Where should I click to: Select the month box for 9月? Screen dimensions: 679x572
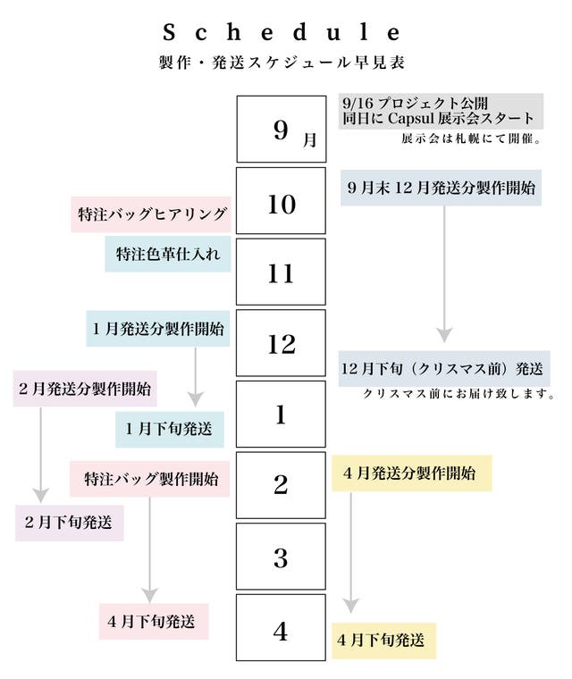(x=282, y=130)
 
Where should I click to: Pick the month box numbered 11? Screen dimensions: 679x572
(x=282, y=272)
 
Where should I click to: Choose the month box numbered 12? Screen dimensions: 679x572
(x=282, y=343)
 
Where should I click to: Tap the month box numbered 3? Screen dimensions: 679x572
(x=282, y=557)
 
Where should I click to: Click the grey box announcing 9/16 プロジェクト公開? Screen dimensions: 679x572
(x=441, y=111)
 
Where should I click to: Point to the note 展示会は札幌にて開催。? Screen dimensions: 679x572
(x=473, y=139)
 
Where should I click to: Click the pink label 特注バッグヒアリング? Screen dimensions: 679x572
(x=149, y=214)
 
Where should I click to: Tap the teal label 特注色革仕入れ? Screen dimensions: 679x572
(x=168, y=254)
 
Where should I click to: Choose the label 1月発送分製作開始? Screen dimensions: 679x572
(x=157, y=328)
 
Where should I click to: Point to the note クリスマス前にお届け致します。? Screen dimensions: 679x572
(x=460, y=393)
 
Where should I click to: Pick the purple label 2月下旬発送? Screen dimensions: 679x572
(x=70, y=523)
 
